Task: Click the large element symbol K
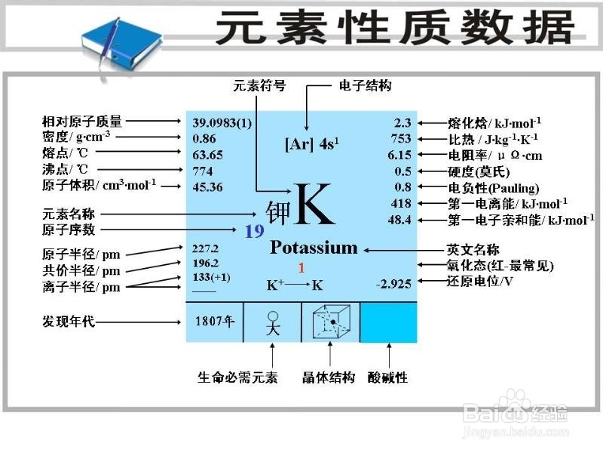[x=314, y=204]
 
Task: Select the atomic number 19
[x=254, y=231]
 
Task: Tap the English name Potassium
[x=314, y=248]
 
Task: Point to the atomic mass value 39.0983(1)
[x=222, y=122]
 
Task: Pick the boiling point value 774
[x=204, y=171]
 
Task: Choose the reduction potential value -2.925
[x=393, y=285]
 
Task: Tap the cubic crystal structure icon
[x=330, y=322]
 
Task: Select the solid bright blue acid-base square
[x=388, y=322]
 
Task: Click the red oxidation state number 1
[x=301, y=267]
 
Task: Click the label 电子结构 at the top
[x=366, y=85]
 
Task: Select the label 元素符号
[x=259, y=85]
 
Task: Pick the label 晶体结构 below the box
[x=329, y=377]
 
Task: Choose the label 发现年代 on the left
[x=69, y=322]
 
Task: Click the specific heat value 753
[x=401, y=138]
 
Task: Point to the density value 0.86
[x=204, y=138]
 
